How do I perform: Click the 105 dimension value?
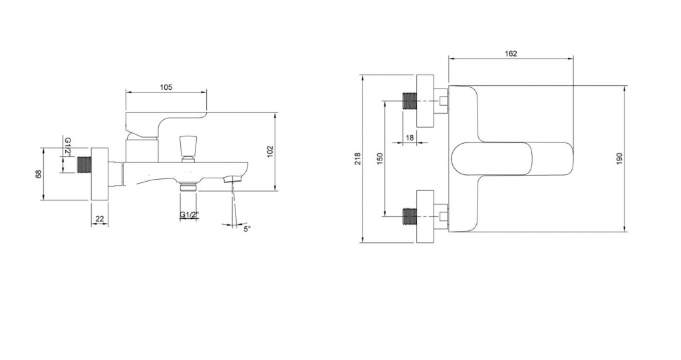166,87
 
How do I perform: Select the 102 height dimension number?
270,151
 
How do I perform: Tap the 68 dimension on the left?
38,174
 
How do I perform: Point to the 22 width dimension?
100,219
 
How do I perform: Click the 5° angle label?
247,229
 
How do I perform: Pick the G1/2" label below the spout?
189,215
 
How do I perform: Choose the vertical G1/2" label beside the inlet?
68,146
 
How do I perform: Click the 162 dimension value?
511,53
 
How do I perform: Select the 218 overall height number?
358,158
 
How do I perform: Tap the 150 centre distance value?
380,158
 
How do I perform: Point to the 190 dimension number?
619,158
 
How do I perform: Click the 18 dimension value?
410,137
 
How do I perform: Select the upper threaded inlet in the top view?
410,101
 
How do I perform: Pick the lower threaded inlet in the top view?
410,216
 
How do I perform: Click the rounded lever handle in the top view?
513,158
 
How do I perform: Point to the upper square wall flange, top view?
425,101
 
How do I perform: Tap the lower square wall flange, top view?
425,216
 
